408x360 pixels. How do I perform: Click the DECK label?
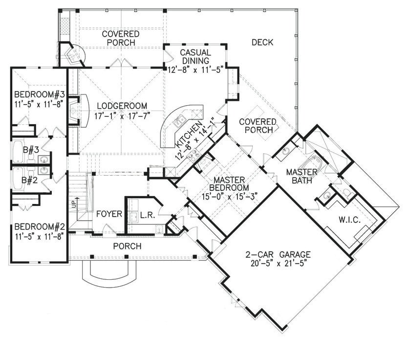point(262,43)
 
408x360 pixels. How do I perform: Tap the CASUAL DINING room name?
point(195,57)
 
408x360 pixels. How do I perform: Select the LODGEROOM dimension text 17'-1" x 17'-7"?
point(122,116)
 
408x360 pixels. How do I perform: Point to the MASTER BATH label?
point(301,177)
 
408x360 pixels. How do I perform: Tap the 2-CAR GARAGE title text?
point(278,254)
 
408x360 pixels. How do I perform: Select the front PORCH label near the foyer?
point(128,246)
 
